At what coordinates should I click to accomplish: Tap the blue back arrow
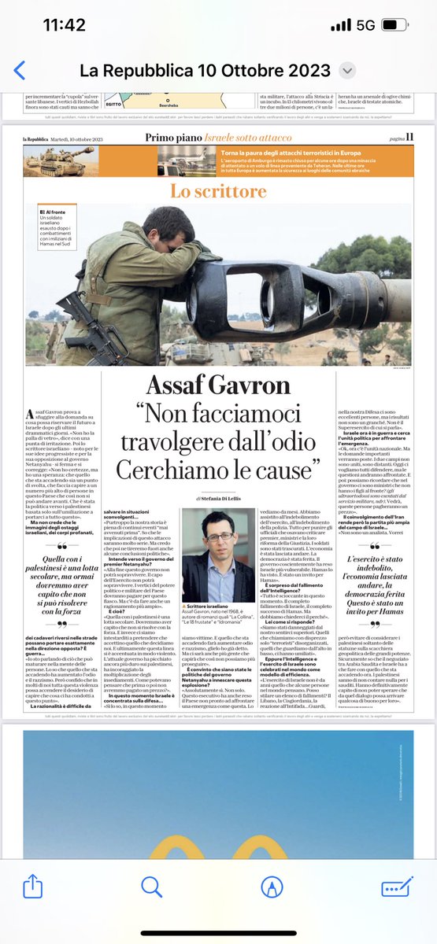[20, 70]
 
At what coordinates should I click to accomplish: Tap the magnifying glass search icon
[152, 887]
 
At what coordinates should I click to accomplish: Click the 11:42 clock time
[65, 24]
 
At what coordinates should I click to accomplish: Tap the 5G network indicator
[365, 25]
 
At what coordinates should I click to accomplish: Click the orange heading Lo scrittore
[218, 191]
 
